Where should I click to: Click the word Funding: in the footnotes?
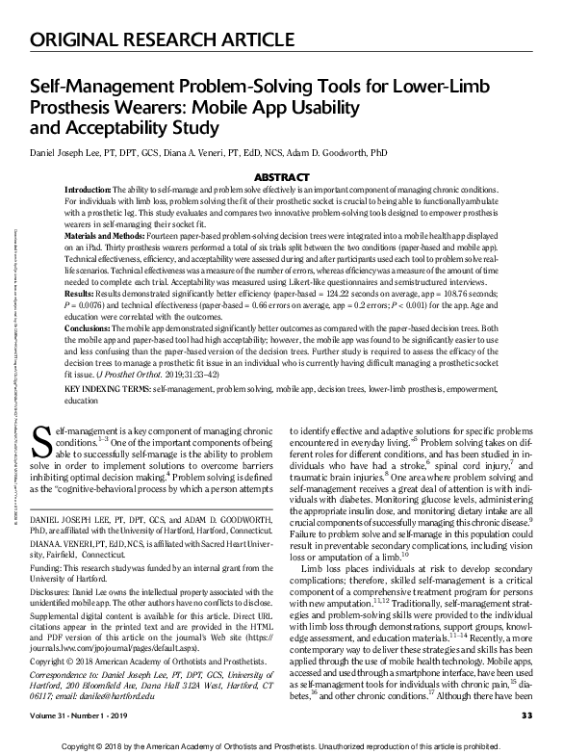click(x=50, y=569)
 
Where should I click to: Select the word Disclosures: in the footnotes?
click(x=57, y=592)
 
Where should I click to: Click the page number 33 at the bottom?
click(x=526, y=714)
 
